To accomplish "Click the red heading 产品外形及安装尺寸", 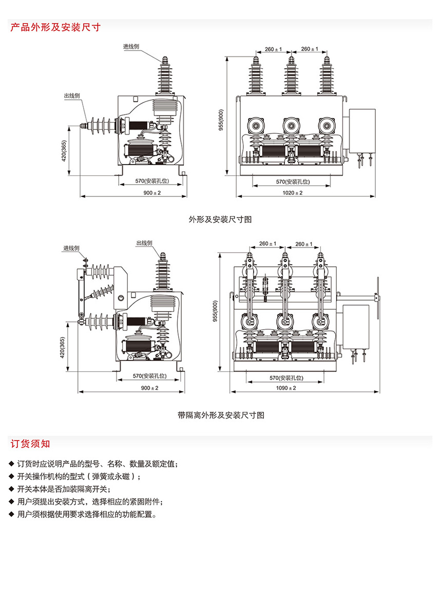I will [x=55, y=27].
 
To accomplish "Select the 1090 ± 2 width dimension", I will [x=286, y=388].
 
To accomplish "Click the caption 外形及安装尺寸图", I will [x=220, y=219].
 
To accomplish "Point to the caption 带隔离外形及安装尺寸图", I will [x=221, y=415].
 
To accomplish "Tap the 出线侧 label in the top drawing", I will [x=71, y=96].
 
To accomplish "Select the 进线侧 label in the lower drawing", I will [x=71, y=248].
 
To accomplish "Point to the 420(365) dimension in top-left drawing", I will [x=64, y=151].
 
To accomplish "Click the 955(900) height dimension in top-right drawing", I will [x=221, y=120].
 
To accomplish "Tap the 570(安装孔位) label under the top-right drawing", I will [x=291, y=182].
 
